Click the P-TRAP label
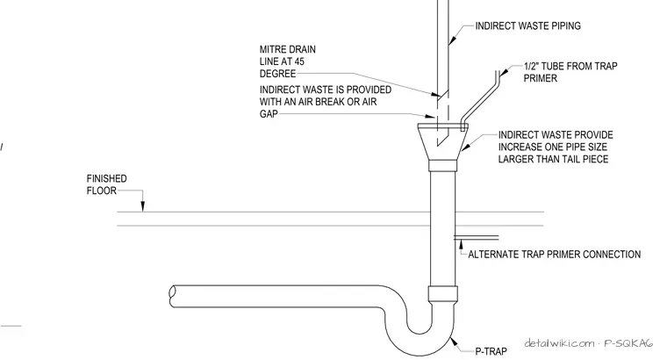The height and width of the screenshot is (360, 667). [491, 351]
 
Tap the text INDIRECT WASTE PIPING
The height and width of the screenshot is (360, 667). [528, 26]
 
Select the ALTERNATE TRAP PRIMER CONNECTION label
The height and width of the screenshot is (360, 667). [555, 255]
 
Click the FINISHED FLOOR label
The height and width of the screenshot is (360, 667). [106, 184]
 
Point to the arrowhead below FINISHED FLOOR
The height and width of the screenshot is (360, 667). [143, 206]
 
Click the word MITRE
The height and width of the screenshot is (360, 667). [272, 49]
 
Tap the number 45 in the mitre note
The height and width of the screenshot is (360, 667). [299, 61]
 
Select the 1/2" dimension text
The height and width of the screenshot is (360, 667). [531, 66]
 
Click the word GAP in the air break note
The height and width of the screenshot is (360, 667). [269, 113]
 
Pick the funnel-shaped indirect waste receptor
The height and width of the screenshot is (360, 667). [443, 141]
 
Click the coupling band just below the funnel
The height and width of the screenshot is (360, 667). [443, 166]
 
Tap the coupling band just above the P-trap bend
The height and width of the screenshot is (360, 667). [443, 293]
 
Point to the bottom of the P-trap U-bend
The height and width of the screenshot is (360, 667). [420, 355]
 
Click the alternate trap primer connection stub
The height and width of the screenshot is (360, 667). [477, 237]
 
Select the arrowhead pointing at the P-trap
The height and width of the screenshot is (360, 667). [454, 341]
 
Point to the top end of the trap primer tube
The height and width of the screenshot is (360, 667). [497, 72]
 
